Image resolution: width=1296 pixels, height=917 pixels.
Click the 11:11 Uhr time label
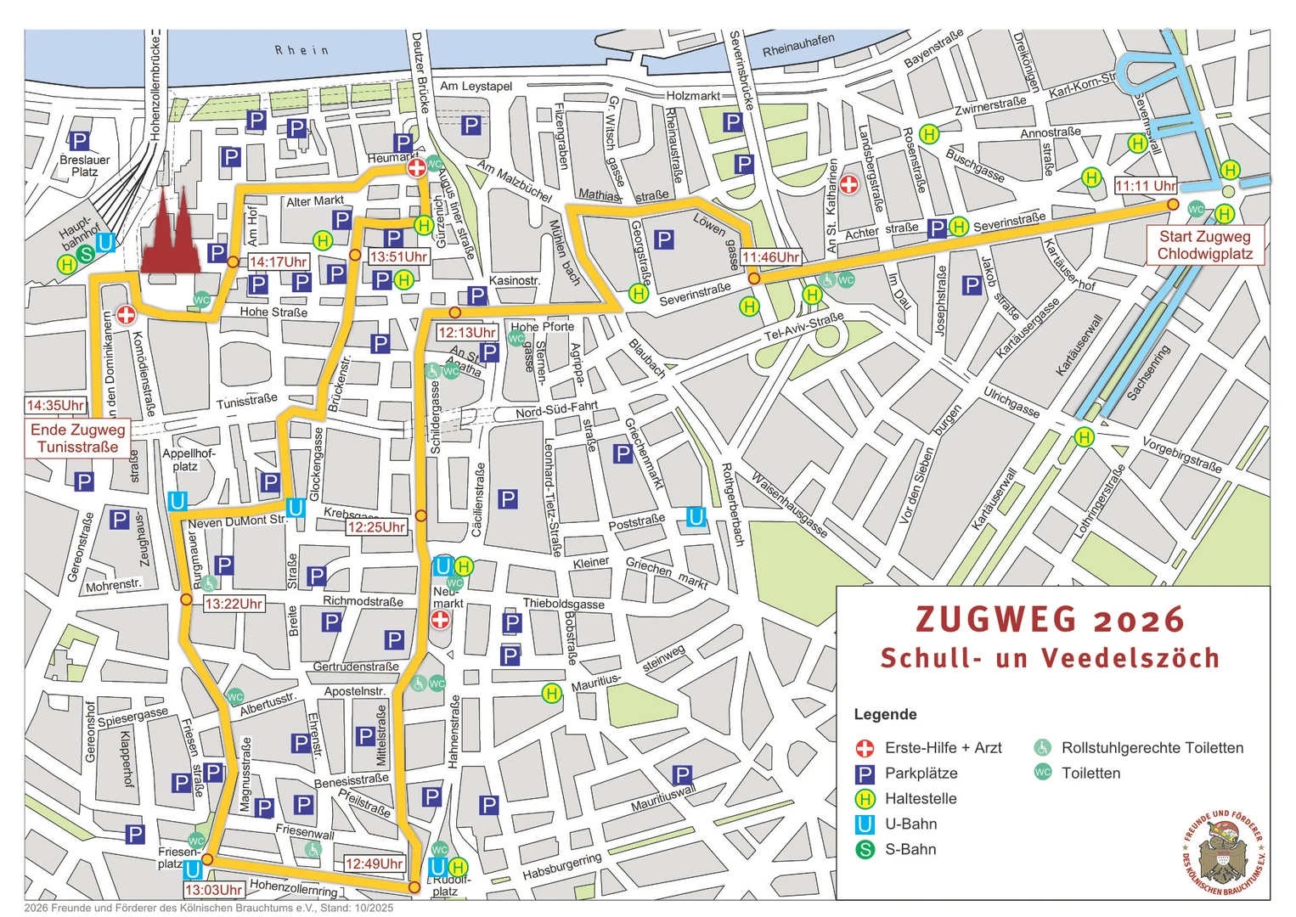(x=1145, y=186)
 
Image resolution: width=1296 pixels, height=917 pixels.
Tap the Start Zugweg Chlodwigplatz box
(x=1204, y=245)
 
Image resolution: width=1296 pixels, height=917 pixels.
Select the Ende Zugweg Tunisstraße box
(x=77, y=438)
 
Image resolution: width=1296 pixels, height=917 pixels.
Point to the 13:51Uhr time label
(x=397, y=256)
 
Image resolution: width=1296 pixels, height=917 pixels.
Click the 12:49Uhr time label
(x=374, y=864)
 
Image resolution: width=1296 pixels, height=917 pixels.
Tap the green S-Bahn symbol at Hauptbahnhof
(x=86, y=254)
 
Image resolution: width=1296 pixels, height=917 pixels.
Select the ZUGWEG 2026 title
(x=1050, y=620)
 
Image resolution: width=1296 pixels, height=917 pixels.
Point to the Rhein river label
(x=301, y=51)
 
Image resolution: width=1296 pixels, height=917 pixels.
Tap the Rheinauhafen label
(x=798, y=45)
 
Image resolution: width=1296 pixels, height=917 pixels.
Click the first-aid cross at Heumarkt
(x=416, y=168)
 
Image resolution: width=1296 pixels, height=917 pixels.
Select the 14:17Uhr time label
(x=279, y=262)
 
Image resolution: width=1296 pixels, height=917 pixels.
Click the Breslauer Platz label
(x=84, y=166)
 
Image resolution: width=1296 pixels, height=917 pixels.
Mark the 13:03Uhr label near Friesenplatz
(x=214, y=890)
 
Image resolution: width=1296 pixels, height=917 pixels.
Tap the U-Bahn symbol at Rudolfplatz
(x=437, y=867)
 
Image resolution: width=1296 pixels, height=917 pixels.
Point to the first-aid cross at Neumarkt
(x=440, y=620)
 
